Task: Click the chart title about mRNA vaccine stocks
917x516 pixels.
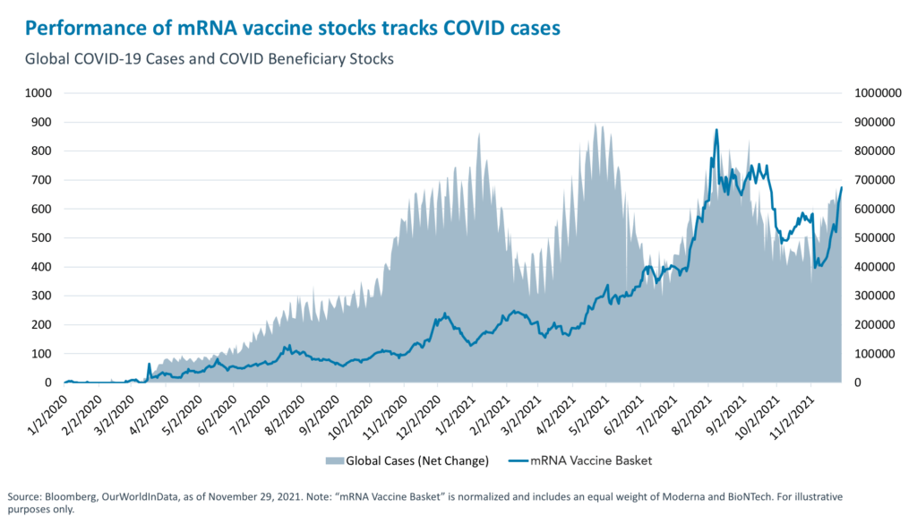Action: (293, 28)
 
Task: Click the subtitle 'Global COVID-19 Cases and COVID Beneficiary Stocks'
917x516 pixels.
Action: (210, 59)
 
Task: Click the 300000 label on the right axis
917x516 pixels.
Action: (878, 296)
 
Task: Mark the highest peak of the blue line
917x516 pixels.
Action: (716, 130)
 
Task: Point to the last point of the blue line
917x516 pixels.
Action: (842, 187)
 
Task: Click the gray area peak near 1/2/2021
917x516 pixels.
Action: (480, 134)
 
